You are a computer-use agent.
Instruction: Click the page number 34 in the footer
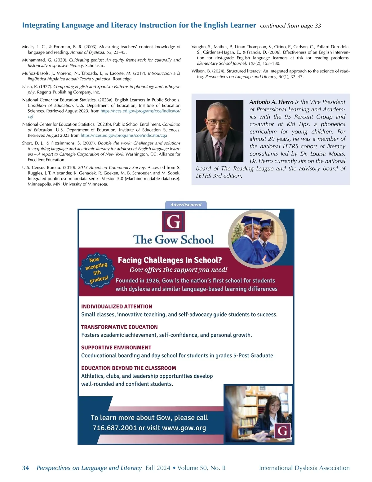click(x=25, y=468)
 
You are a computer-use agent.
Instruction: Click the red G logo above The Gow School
click(x=173, y=222)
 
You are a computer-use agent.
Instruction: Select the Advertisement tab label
click(x=186, y=204)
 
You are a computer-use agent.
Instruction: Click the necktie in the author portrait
click(x=219, y=149)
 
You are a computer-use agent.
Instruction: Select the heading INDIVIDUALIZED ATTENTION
click(x=117, y=307)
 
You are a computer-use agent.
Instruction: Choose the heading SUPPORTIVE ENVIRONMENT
click(x=116, y=347)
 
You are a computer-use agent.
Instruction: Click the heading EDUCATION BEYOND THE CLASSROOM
click(x=128, y=368)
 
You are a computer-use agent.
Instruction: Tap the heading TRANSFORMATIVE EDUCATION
click(x=119, y=327)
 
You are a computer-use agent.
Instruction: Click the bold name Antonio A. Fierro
click(x=271, y=102)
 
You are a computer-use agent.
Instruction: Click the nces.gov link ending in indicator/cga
click(x=124, y=135)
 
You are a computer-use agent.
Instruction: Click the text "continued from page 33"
click(x=290, y=26)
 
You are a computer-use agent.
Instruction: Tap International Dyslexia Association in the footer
click(x=304, y=468)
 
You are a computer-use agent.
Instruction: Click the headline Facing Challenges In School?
click(x=170, y=260)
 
